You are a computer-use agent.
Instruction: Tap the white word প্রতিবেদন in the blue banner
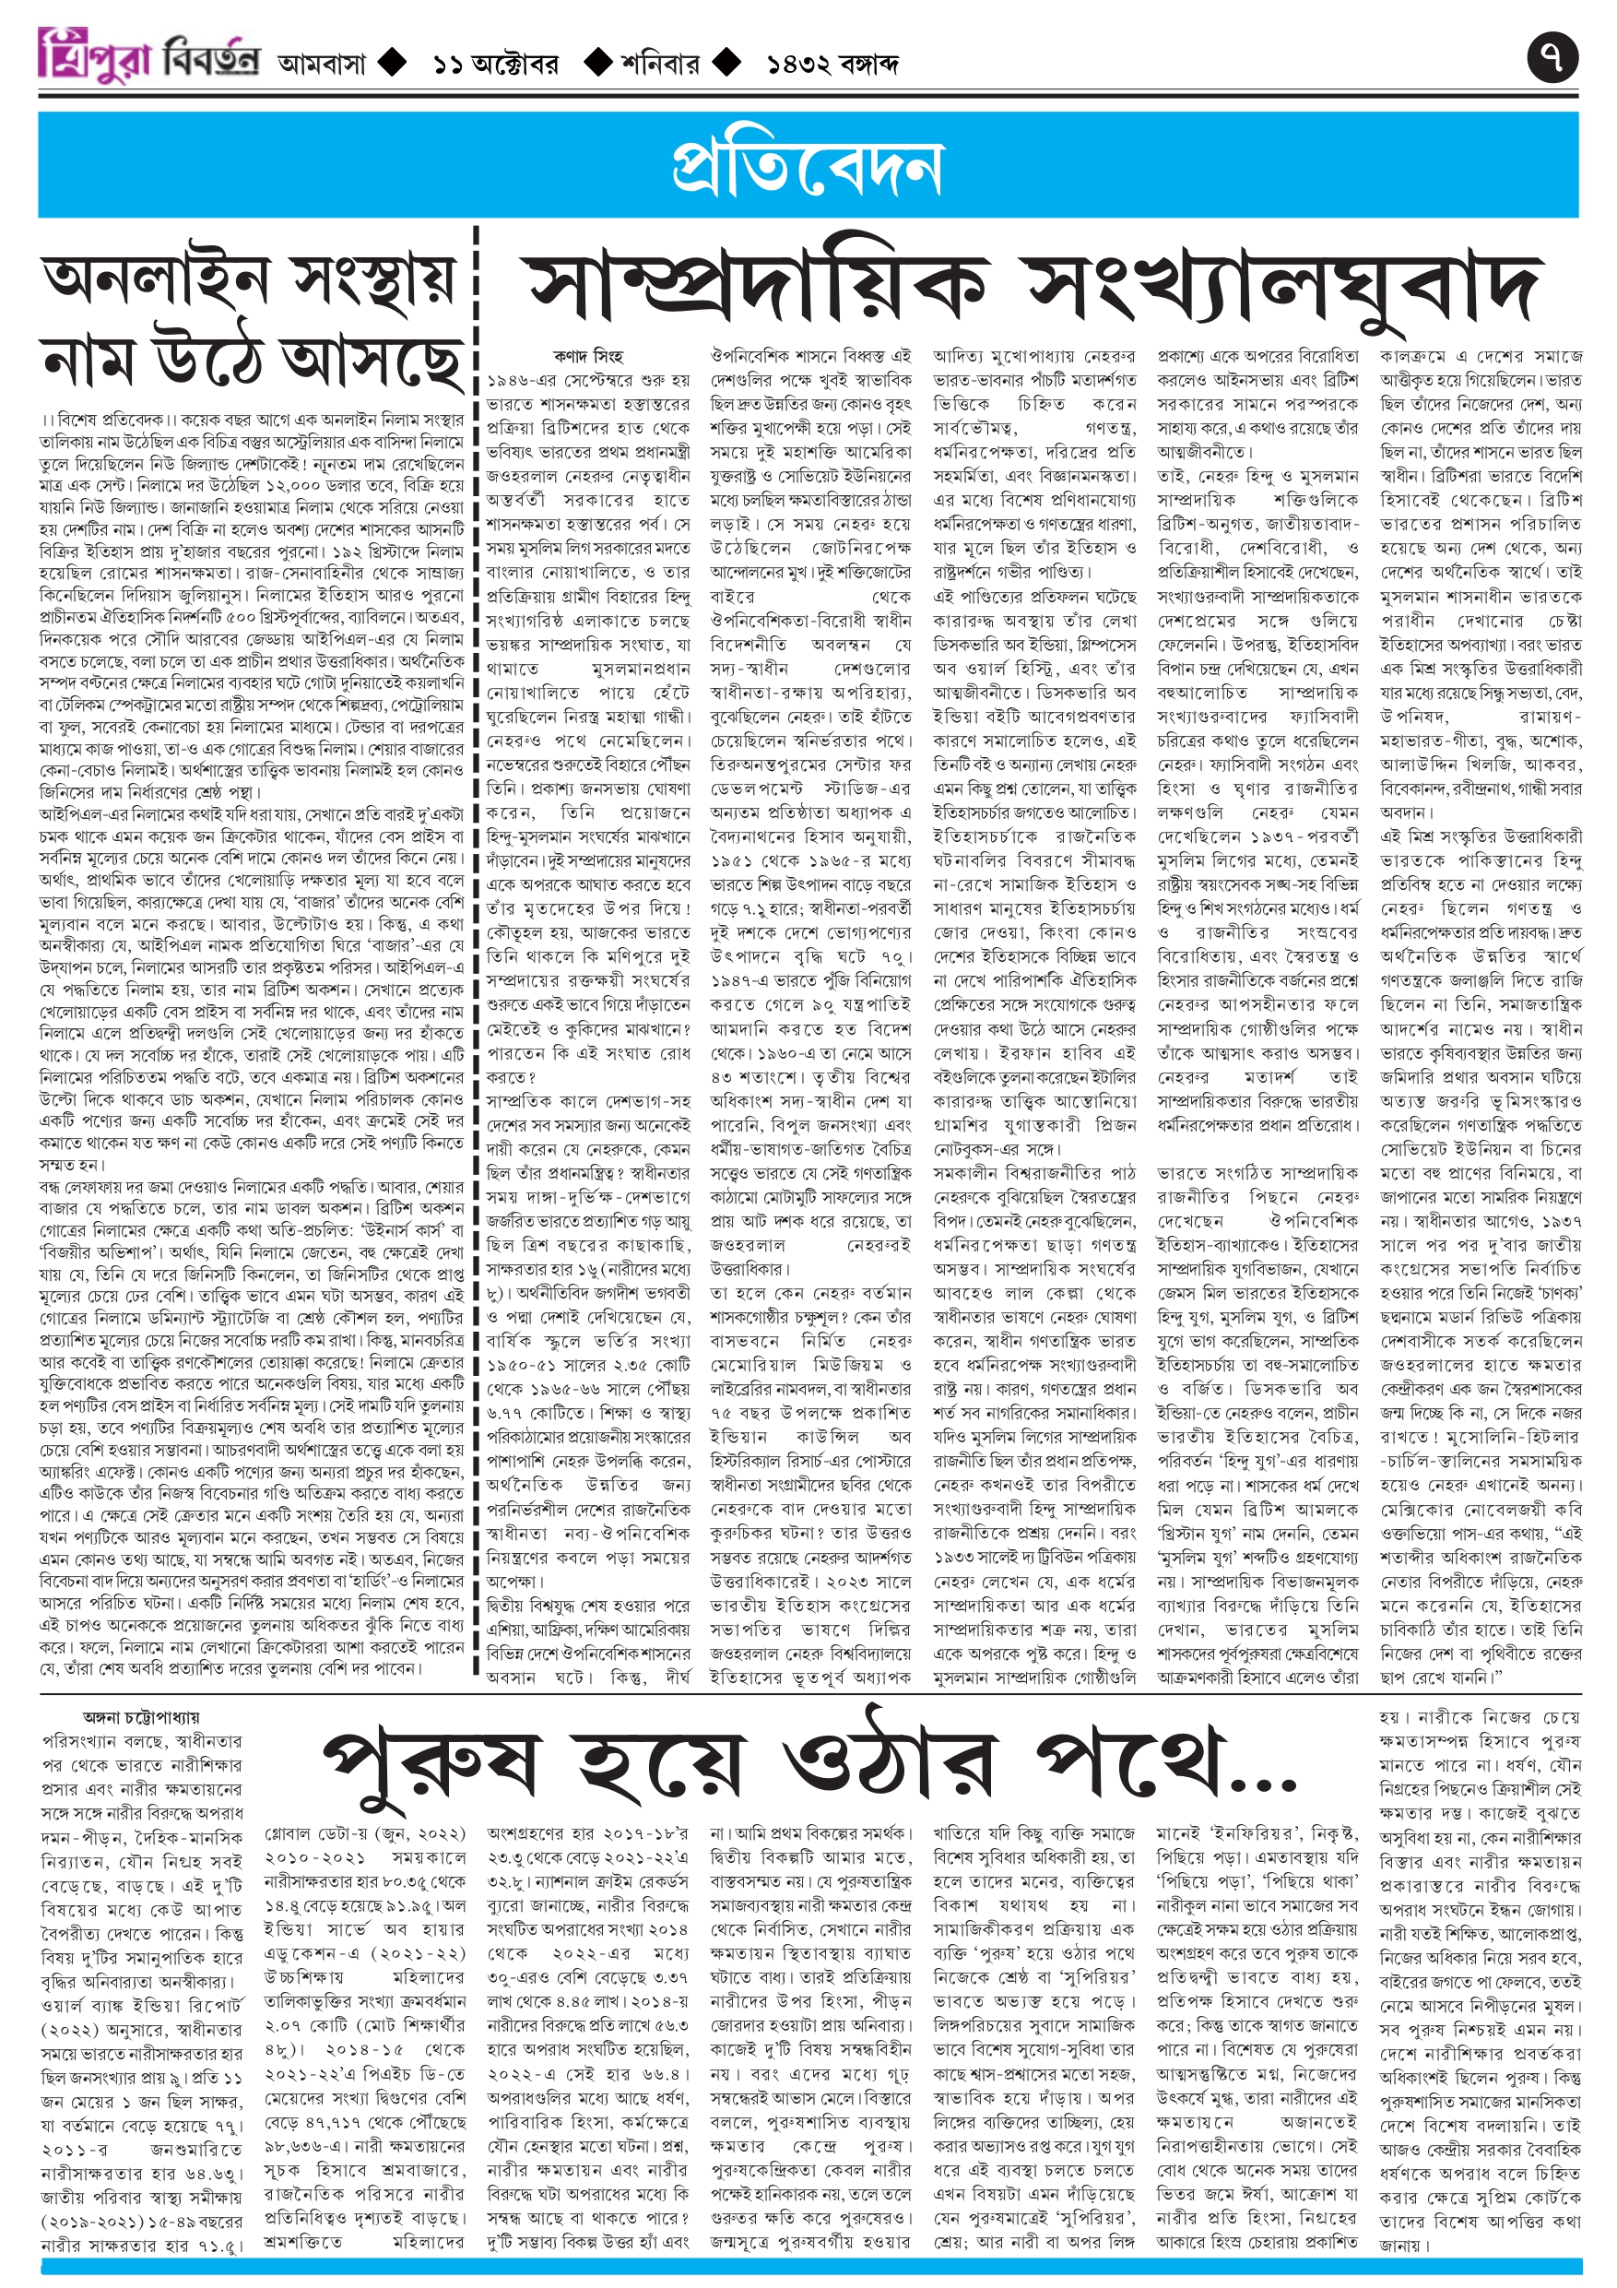coord(807,166)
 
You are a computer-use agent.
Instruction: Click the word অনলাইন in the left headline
coord(156,281)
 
